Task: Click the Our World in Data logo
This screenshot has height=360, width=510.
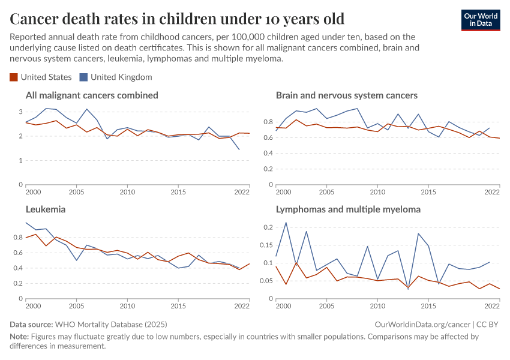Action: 480,20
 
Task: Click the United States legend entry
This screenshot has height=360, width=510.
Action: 41,77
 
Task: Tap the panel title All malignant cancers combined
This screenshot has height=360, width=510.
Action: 92,95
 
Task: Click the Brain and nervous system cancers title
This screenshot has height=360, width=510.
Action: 347,95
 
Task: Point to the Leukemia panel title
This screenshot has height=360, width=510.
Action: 46,210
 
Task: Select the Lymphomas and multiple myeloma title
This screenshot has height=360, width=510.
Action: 348,210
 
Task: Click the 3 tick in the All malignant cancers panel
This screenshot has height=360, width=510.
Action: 20,112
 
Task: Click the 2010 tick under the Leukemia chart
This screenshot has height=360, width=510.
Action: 127,306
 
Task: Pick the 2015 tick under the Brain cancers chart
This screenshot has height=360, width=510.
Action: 428,192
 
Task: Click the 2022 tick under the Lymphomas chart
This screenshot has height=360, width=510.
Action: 492,306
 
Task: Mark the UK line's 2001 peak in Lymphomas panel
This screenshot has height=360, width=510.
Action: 286,223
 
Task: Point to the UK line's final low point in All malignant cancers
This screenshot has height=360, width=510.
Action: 239,149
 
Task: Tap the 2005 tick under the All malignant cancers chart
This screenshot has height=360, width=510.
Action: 76,192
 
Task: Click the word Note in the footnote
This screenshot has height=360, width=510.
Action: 19,337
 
